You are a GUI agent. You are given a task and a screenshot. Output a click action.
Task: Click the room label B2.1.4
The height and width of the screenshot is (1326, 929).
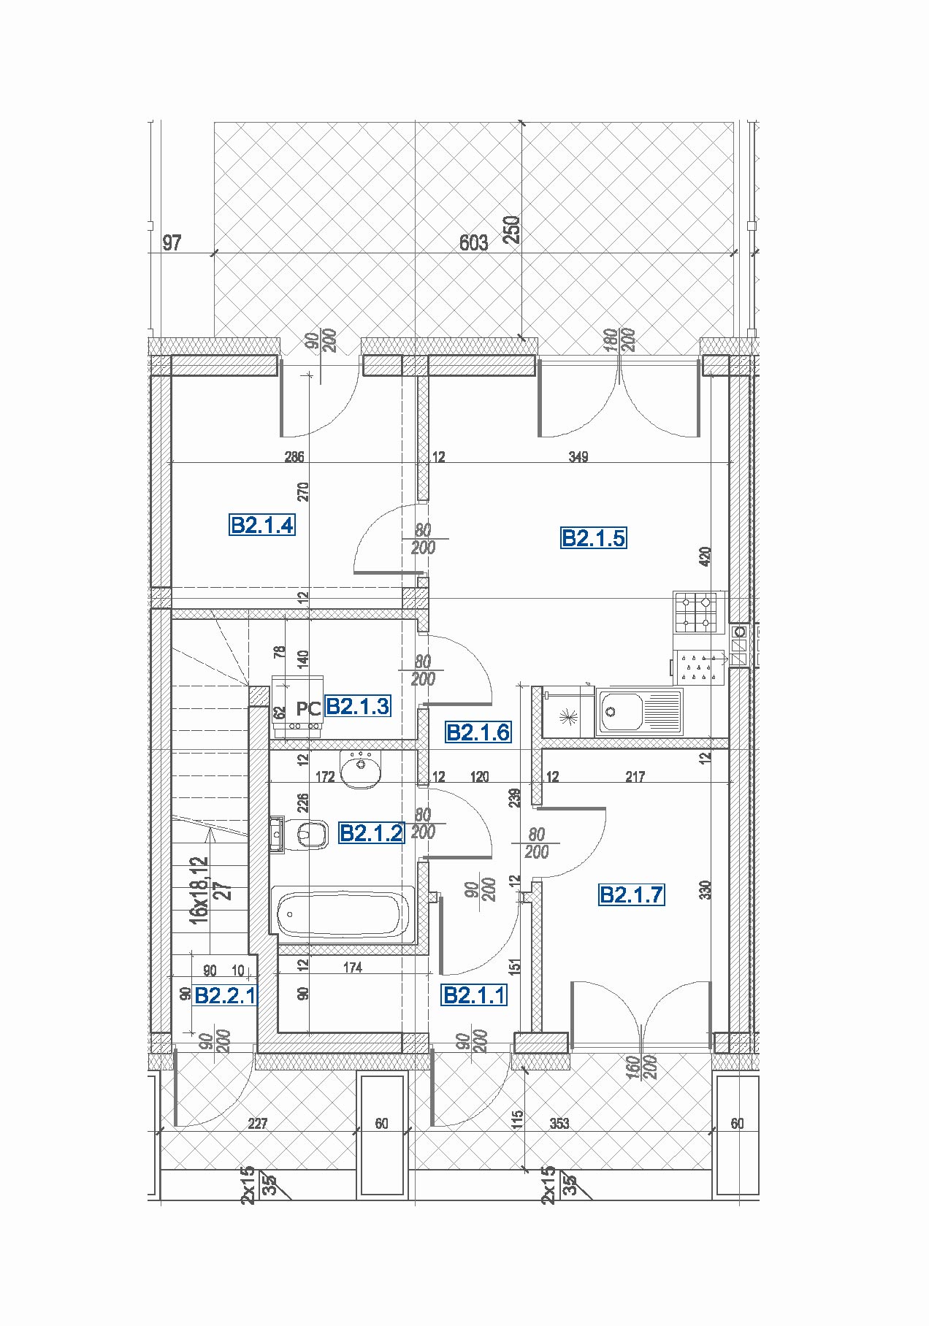coord(262,525)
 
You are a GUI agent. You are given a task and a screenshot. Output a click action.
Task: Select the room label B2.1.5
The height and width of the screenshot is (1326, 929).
coord(593,538)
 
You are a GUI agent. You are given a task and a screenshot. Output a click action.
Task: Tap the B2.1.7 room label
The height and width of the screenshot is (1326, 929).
coord(632,894)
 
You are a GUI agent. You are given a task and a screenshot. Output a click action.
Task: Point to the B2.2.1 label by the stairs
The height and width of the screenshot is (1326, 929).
coord(225,995)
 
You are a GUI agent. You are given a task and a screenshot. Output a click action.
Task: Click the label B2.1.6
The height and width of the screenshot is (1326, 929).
coord(478,732)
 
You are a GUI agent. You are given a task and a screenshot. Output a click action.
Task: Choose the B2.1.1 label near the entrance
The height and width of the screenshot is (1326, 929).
coord(474,995)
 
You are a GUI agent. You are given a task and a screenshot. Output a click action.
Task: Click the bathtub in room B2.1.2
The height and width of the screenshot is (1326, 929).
coord(343,913)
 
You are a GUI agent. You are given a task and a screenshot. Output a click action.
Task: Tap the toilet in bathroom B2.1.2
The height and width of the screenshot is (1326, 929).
coord(305,834)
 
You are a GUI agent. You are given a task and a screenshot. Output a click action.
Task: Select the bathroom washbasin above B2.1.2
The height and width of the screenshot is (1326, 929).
coord(361,770)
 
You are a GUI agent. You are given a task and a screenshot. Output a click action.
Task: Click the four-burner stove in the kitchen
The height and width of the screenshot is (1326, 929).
coord(695,613)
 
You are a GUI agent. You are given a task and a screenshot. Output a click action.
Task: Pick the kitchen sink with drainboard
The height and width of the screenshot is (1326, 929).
coord(639,711)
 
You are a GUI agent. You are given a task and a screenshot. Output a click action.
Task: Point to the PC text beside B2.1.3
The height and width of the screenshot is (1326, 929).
coord(308,709)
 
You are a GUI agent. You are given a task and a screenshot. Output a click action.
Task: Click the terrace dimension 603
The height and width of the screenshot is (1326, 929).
coord(473,242)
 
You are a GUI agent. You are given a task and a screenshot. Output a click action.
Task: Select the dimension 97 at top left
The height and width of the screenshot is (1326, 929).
coord(172,242)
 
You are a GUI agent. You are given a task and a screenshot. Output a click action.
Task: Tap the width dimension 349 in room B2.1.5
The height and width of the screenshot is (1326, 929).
coord(578,457)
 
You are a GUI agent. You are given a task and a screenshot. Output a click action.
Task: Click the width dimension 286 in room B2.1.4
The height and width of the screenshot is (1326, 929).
coord(294,457)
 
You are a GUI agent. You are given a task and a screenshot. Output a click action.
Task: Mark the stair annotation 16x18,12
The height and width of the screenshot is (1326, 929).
coord(199,890)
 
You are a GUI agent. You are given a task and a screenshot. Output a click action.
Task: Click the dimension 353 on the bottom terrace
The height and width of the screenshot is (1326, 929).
coord(559,1124)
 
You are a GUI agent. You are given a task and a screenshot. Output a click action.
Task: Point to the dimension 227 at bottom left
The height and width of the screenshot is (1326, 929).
coord(258,1124)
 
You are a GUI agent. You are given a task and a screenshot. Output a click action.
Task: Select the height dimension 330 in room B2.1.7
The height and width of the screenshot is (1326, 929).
coord(705,889)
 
